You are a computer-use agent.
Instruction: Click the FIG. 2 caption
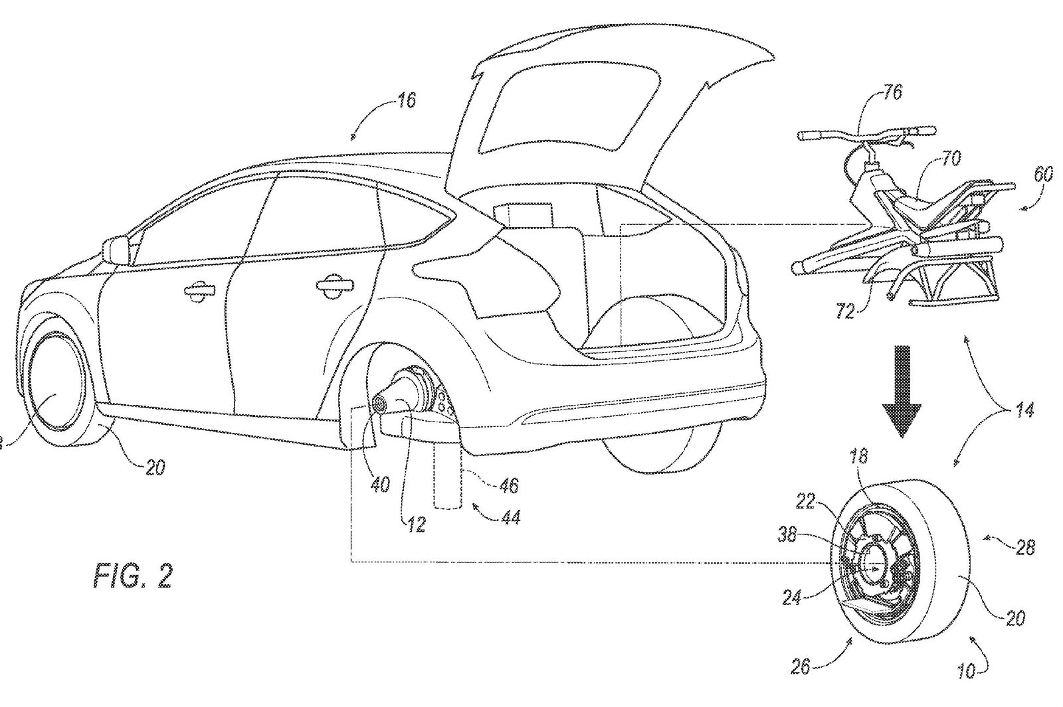132,576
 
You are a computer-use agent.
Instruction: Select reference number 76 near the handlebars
892,93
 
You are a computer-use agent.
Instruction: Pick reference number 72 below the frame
845,310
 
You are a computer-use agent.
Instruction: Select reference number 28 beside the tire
1025,548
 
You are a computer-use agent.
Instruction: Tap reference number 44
507,517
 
